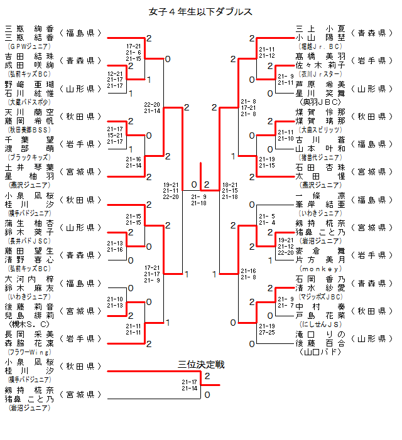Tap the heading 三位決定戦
201,365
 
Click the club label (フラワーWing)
30,352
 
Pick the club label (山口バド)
321,353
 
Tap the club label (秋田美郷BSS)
30,130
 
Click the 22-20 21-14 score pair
152,107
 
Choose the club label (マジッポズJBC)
321,297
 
